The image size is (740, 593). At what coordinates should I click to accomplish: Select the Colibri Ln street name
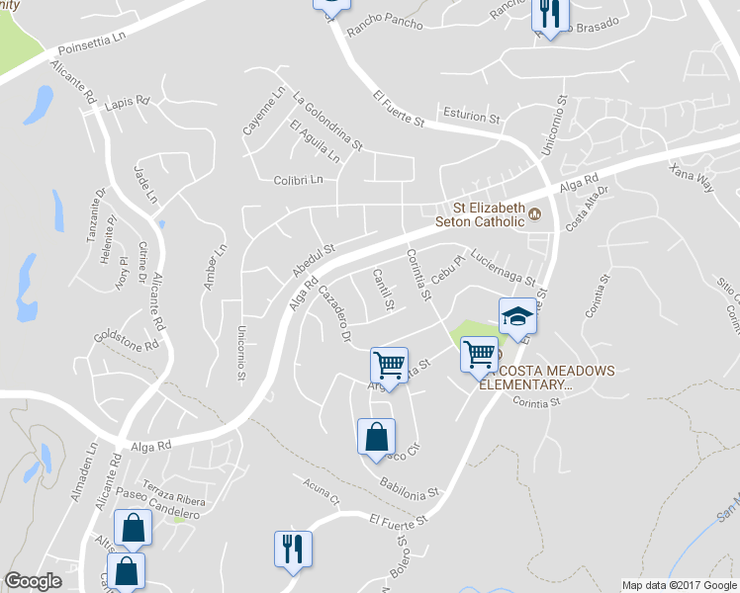pos(299,180)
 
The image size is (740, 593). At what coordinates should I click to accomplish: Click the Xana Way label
pos(691,181)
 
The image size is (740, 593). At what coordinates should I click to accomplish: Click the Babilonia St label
pos(409,487)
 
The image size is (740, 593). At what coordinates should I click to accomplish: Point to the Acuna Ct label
pos(322,490)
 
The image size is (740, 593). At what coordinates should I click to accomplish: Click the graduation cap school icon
pos(516,316)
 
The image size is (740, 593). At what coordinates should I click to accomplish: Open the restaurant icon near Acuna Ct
pos(293,549)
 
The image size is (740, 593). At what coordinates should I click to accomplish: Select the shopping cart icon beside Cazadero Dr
pos(390,365)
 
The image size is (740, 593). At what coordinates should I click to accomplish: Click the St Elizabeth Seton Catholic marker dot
pos(534,212)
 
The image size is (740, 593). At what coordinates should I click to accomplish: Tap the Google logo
pos(33,581)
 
